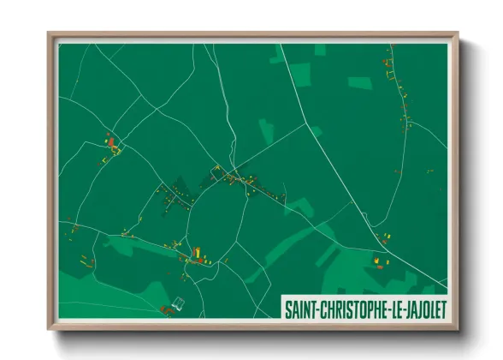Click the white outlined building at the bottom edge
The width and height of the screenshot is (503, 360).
coord(178,303)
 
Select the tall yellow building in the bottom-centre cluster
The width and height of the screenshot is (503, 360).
coord(196,251)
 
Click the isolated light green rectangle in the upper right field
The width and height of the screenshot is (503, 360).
coord(359,82)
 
